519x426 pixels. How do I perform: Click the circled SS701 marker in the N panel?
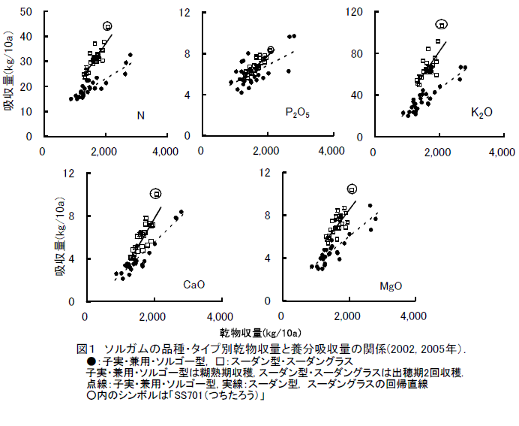[107, 26]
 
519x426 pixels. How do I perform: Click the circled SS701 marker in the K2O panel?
[442, 25]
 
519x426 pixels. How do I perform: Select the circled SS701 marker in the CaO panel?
[156, 194]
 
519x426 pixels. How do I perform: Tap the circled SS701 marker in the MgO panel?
[352, 189]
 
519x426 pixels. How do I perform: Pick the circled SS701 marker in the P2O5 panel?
[271, 50]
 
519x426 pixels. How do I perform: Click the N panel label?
[140, 115]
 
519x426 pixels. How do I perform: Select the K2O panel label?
[481, 113]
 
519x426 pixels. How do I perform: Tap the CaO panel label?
[194, 284]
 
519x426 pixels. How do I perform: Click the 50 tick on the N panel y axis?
[27, 12]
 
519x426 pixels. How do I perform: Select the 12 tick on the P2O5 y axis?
[184, 12]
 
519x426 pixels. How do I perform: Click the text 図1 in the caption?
[86, 349]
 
